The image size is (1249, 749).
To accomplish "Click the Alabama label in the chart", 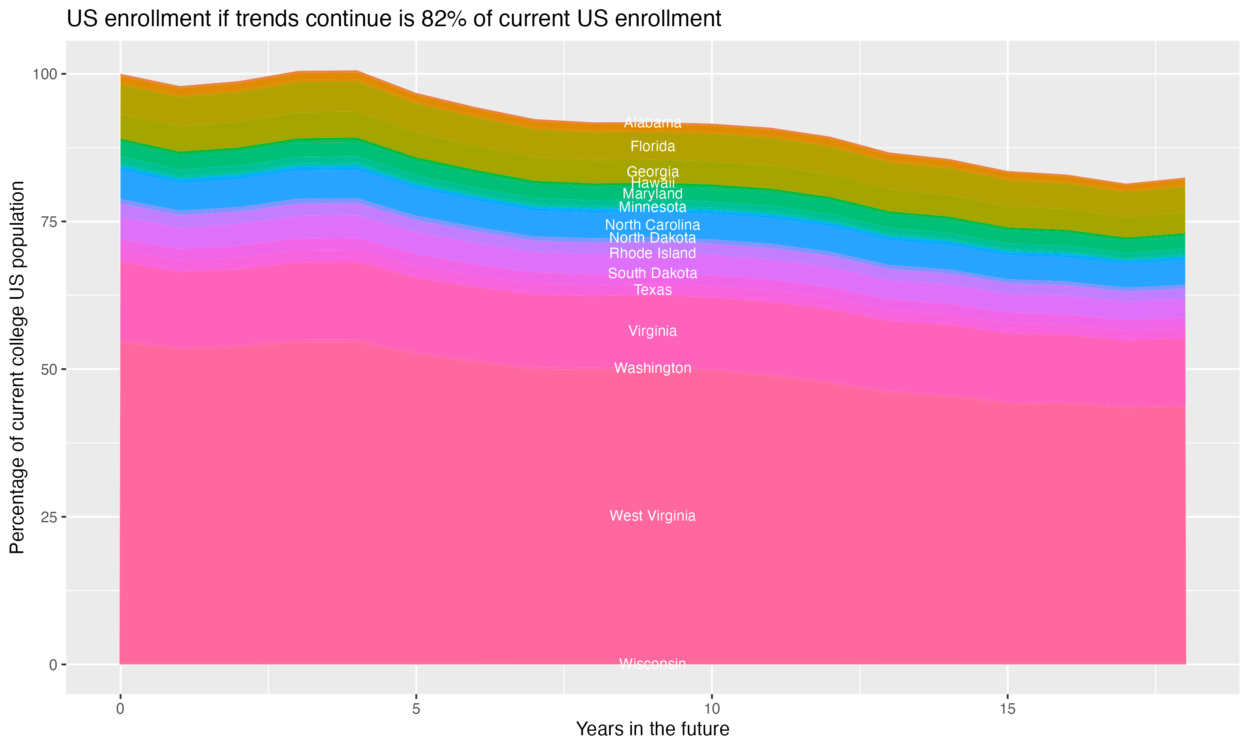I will tap(652, 123).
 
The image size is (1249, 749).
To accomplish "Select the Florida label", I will tap(652, 146).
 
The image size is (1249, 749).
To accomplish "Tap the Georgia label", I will tap(652, 171).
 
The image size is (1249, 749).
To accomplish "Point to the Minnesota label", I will tap(652, 207).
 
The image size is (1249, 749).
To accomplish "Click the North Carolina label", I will tap(652, 225).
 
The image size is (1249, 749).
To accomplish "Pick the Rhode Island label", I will tap(652, 253).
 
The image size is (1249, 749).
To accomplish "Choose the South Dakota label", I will tap(652, 273).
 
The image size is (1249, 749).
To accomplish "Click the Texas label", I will tap(652, 290).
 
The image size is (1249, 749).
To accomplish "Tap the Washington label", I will tap(652, 368).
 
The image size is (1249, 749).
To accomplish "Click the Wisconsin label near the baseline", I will tap(652, 664).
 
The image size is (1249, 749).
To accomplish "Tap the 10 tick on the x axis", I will tap(712, 709).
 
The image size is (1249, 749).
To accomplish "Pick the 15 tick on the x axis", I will tap(1007, 709).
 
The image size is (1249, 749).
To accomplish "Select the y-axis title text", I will tap(17, 367).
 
